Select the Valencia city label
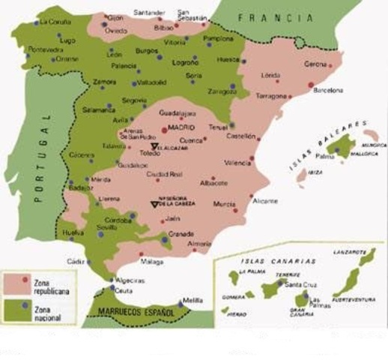pyautogui.click(x=237, y=162)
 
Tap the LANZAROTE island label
pyautogui.click(x=356, y=253)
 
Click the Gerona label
pyautogui.click(x=315, y=64)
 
